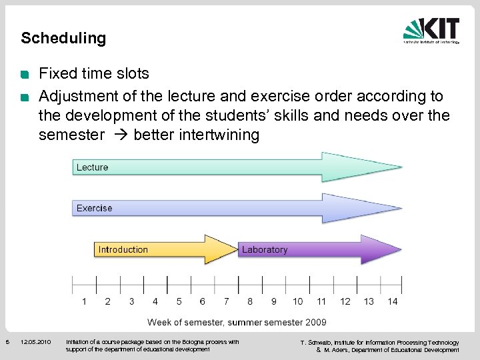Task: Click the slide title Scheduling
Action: (x=63, y=38)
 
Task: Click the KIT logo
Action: (x=431, y=31)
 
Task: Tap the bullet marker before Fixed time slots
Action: (x=25, y=74)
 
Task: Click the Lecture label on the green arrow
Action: (x=92, y=167)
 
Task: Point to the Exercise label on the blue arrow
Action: (x=94, y=208)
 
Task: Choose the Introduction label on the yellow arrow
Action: (x=123, y=249)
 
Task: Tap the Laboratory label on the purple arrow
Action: (x=265, y=249)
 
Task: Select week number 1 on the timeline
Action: (x=84, y=301)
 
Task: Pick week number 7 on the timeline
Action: (x=227, y=301)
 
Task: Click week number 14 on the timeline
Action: (x=393, y=301)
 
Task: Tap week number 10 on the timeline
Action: (x=297, y=301)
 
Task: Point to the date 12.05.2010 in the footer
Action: (x=35, y=342)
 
